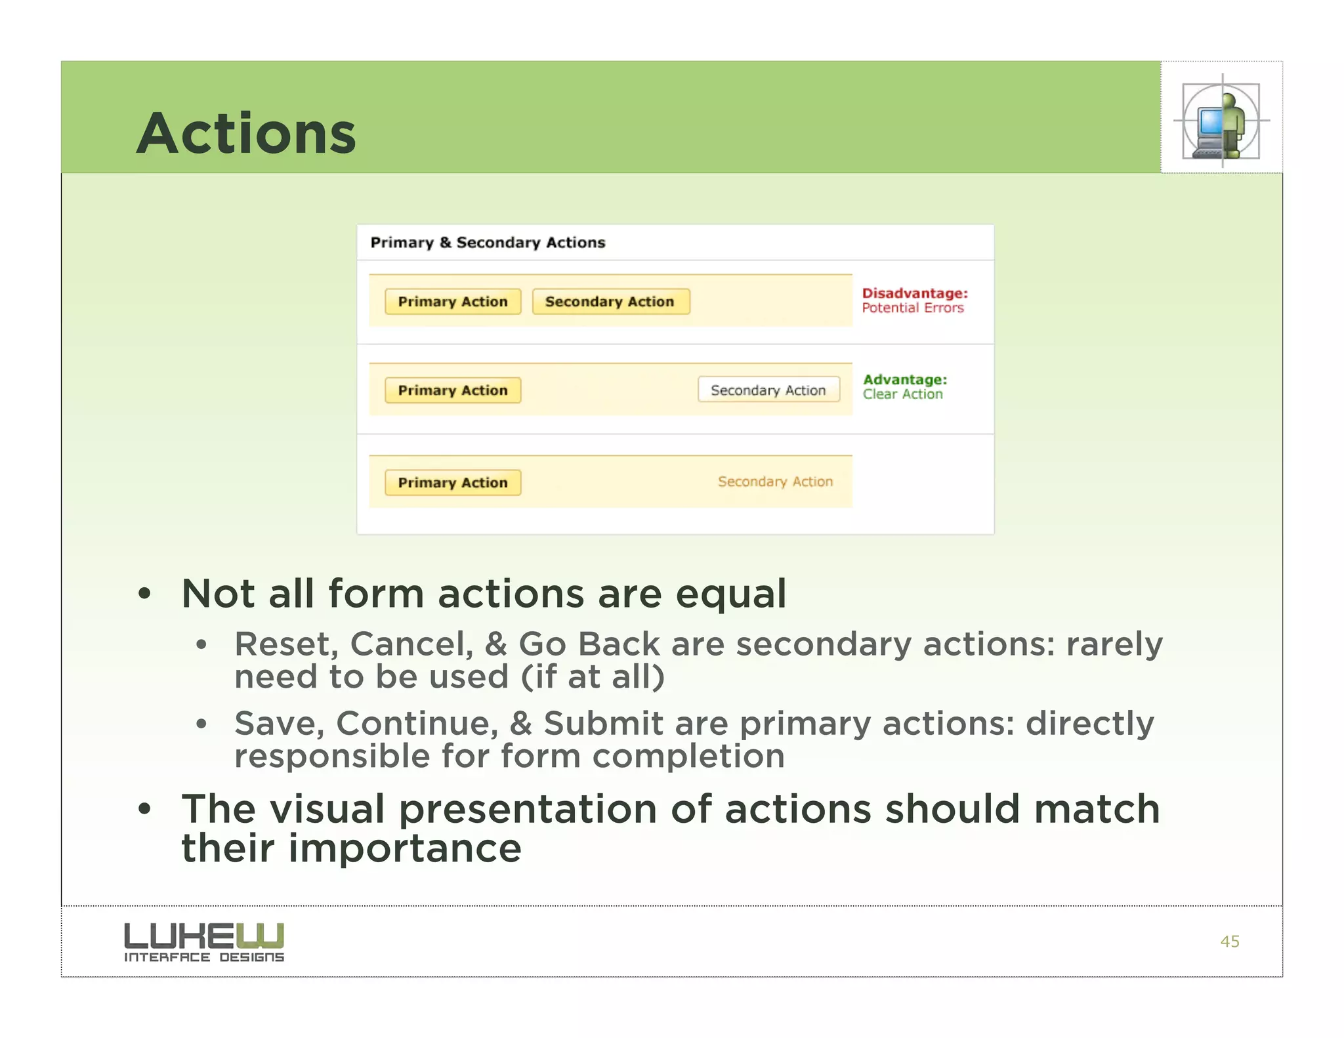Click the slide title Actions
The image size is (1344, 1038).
246,133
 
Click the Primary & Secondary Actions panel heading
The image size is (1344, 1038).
488,243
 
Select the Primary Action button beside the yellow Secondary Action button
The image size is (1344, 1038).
453,302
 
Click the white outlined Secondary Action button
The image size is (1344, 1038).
768,390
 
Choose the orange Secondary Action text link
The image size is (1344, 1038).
775,482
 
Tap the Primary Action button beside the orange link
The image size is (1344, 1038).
453,483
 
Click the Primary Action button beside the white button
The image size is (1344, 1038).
453,390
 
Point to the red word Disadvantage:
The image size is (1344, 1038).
915,293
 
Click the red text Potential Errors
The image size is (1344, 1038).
913,308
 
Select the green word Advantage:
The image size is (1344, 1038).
905,380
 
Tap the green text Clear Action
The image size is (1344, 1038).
902,394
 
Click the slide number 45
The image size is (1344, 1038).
1229,942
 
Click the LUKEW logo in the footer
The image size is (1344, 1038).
204,942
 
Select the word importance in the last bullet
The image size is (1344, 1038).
405,848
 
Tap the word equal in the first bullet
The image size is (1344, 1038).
730,594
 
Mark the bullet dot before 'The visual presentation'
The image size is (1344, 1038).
144,810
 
